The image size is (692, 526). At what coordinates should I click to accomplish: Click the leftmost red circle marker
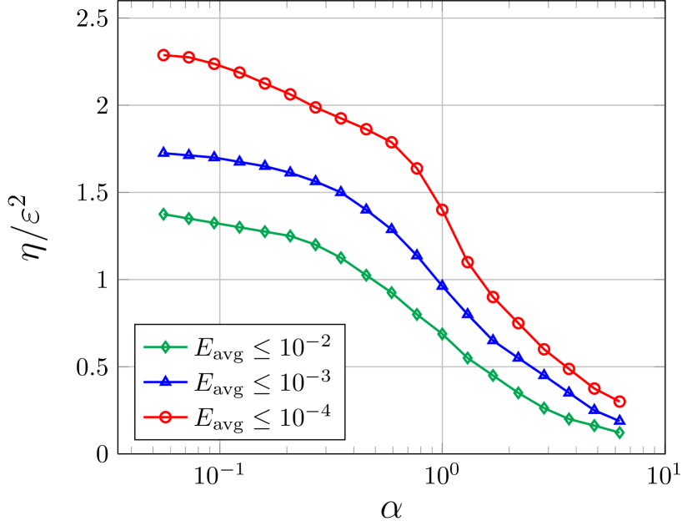click(x=163, y=55)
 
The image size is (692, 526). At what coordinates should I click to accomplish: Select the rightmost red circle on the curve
click(x=619, y=402)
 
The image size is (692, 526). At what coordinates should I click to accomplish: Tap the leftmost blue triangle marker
click(x=163, y=152)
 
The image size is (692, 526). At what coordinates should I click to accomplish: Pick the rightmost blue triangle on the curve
click(x=619, y=420)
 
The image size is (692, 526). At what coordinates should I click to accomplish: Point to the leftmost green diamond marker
click(x=163, y=214)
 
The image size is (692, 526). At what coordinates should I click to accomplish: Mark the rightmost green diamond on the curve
click(x=619, y=432)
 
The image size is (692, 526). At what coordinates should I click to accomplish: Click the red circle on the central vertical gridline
click(x=442, y=210)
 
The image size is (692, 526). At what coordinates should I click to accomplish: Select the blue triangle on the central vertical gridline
click(x=442, y=286)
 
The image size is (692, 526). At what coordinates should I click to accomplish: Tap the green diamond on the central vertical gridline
click(x=442, y=334)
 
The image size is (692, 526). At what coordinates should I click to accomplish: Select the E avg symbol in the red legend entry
click(x=218, y=417)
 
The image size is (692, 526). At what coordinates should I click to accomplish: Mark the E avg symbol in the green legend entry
click(x=218, y=347)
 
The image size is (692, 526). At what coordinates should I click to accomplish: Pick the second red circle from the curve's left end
click(x=189, y=58)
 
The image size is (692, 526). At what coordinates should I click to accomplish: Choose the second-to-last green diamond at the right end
click(x=594, y=426)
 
